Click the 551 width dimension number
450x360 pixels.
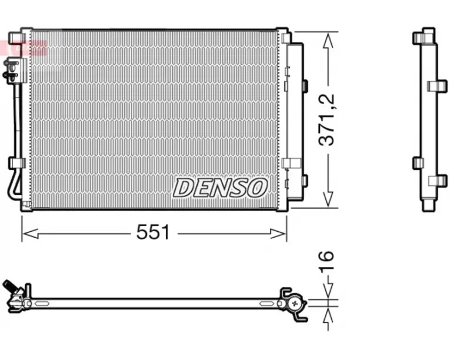tap(153, 232)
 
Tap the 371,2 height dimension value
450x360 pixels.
tap(327, 119)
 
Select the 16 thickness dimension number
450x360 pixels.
tap(327, 261)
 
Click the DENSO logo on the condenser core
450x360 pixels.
tap(220, 188)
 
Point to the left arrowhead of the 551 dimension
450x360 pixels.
tap(31, 234)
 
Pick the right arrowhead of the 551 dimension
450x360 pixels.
tap(278, 234)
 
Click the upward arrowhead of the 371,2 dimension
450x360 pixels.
tap(328, 40)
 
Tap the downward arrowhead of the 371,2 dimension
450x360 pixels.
tap(328, 199)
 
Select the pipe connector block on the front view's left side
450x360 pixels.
tap(14, 71)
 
